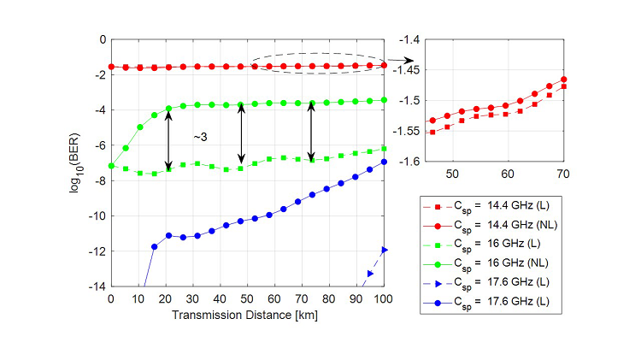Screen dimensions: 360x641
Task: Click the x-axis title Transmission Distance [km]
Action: (247, 314)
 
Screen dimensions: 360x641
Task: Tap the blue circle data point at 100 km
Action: (384, 162)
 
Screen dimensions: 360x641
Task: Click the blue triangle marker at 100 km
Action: (384, 250)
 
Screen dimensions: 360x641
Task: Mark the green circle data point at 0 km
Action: (111, 166)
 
